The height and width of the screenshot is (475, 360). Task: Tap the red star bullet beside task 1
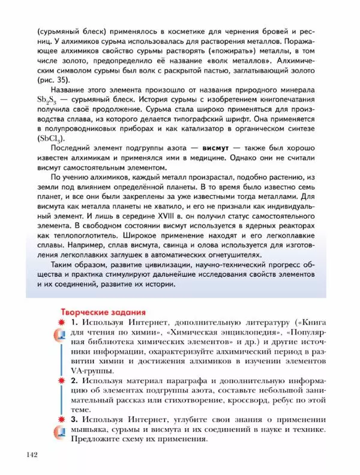point(61,324)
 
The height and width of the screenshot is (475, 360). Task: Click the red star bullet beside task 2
point(61,381)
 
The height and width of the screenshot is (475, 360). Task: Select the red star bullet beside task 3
point(61,419)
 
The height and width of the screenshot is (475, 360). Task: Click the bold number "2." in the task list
point(76,381)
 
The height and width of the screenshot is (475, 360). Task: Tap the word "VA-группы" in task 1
point(90,371)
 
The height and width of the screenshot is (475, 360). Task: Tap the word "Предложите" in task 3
point(97,439)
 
